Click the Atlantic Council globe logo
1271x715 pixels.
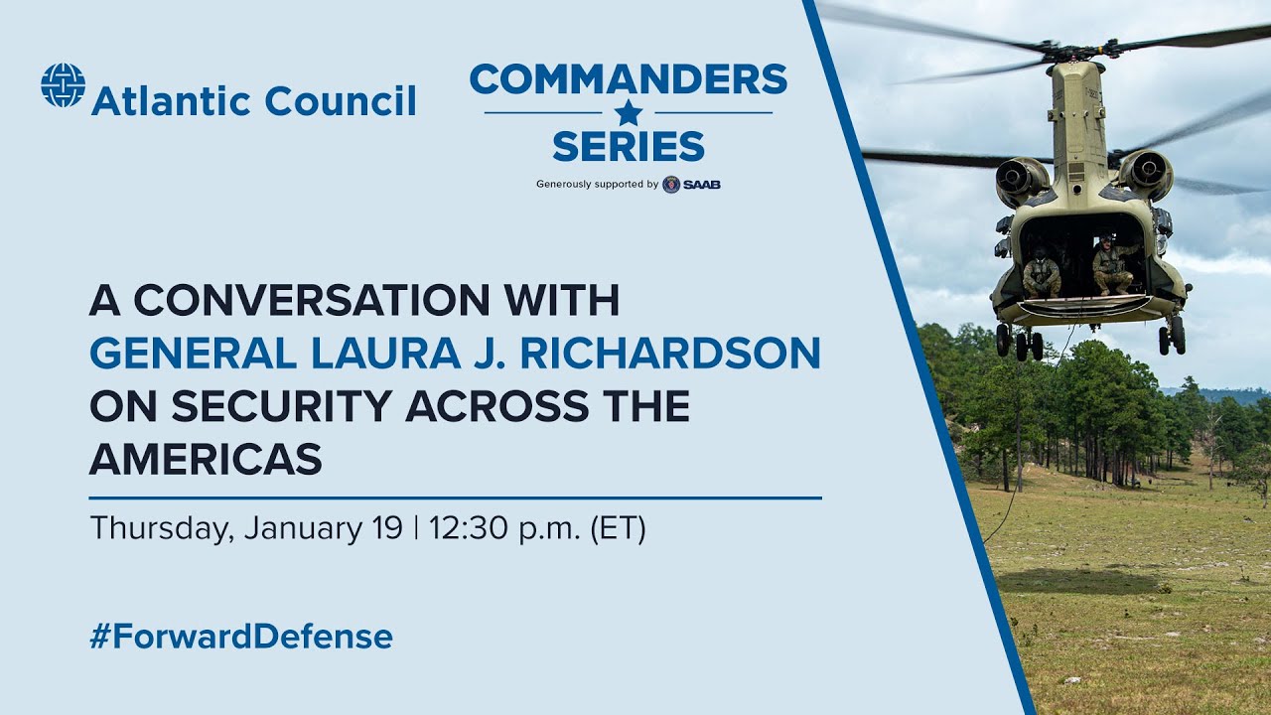tap(63, 85)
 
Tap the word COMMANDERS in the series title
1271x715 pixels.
tap(628, 78)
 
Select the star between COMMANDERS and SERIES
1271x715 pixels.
tap(628, 112)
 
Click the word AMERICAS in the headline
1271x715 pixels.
tap(206, 460)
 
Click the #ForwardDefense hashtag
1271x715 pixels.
tap(240, 637)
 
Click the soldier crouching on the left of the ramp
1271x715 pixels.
tap(1041, 273)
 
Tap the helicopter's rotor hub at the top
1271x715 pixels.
tap(1075, 50)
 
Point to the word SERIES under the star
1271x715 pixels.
tap(628, 147)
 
